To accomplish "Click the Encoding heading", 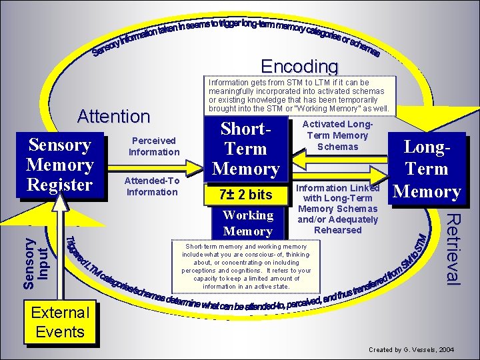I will [299, 67].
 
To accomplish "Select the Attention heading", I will [113, 116].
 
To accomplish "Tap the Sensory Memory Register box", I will [60, 165].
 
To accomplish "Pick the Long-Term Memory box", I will [427, 169].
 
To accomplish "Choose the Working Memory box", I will [247, 223].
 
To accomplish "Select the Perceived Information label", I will [153, 146].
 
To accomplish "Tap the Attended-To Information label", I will [153, 186].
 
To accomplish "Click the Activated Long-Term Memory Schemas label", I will [338, 135].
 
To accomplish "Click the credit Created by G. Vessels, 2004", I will [411, 349].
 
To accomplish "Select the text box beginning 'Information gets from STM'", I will [298, 96].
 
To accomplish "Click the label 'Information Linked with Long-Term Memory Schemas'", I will [337, 203].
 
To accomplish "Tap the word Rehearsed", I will [337, 230].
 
